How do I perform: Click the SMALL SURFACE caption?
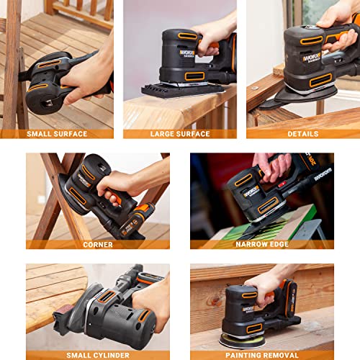[57, 134]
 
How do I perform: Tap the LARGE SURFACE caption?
[180, 134]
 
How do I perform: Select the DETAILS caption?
[303, 134]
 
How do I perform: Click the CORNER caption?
[98, 245]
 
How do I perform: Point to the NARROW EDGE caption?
[262, 245]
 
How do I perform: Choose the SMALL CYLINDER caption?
[98, 354]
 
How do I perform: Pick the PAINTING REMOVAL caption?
[262, 354]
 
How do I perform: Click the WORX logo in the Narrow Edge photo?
[251, 192]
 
